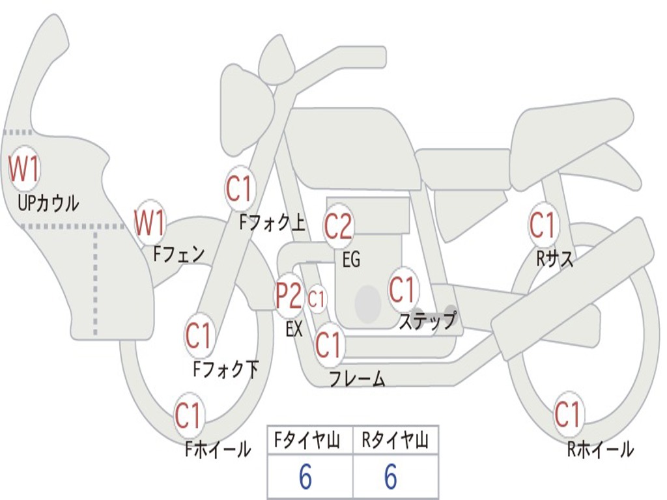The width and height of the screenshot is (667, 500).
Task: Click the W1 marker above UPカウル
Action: pos(24,169)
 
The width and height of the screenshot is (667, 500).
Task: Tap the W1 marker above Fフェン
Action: pos(150,222)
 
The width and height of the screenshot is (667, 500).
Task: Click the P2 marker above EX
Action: pos(288,296)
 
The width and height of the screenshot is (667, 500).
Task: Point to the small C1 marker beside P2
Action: pos(317,300)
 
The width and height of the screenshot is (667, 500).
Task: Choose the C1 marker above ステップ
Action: pos(403,288)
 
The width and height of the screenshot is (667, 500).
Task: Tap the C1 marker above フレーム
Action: pos(328,344)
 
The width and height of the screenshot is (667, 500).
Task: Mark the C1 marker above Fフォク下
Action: pos(199,336)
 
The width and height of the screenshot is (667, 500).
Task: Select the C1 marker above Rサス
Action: pos(542,225)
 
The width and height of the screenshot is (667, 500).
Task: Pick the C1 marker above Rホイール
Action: pos(567,414)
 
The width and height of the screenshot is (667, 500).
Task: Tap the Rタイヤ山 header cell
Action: pos(395,442)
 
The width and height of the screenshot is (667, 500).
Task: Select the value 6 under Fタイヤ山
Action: pos(305,478)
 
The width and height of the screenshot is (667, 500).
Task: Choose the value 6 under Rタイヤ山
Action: pos(391,478)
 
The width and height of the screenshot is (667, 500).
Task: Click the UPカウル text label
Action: pos(49,203)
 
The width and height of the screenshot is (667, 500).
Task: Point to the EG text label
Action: pos(351,260)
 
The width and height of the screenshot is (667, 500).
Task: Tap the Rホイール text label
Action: pos(600,449)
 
